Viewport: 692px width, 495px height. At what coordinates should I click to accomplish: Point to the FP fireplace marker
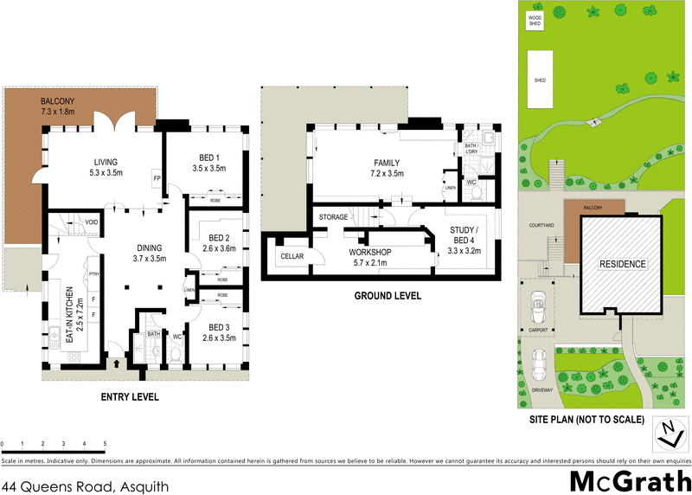click(157, 180)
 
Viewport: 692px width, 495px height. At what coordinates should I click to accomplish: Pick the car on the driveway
click(540, 361)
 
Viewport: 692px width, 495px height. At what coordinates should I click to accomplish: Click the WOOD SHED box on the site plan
click(535, 21)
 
